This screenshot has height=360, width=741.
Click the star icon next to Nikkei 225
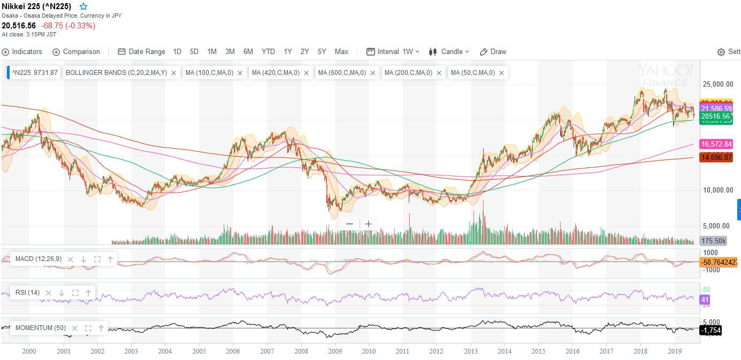83,6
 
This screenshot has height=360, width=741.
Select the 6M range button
248,52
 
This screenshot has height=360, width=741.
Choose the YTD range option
268,52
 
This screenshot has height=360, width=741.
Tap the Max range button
341,52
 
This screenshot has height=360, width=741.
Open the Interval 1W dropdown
393,52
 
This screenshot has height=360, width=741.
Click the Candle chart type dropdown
449,52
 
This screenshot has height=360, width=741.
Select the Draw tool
493,52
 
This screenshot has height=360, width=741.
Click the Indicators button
22,52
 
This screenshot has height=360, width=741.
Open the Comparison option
77,52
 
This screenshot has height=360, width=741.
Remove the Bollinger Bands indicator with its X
174,73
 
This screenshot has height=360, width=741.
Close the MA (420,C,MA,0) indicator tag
307,73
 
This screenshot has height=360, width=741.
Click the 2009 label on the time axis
334,351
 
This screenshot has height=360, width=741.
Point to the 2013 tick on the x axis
470,351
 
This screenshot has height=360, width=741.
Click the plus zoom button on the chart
369,224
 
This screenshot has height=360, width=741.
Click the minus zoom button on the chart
349,224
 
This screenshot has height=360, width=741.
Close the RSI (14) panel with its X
49,293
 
